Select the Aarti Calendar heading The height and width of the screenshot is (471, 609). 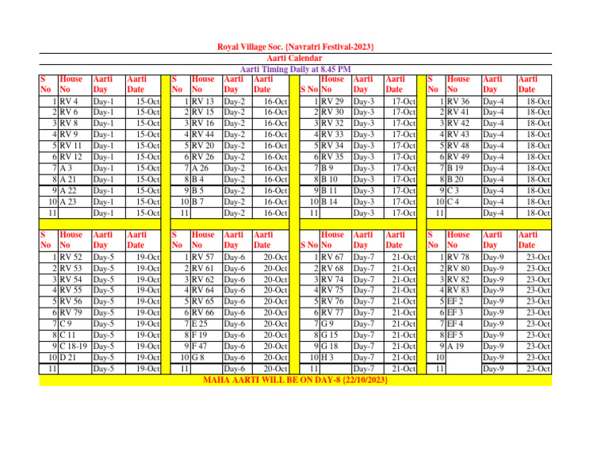click(x=295, y=59)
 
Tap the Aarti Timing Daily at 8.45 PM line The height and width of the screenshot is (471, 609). click(x=295, y=70)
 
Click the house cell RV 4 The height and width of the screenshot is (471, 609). click(x=68, y=101)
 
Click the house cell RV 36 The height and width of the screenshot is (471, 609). click(x=459, y=101)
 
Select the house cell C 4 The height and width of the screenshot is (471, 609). click(x=455, y=201)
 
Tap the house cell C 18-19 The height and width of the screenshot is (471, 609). click(x=75, y=347)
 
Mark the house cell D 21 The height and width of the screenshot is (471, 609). click(x=69, y=358)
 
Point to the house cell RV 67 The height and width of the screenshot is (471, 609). click(x=332, y=258)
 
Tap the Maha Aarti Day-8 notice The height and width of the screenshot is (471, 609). click(x=295, y=381)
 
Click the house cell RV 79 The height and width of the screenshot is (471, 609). click(x=71, y=313)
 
